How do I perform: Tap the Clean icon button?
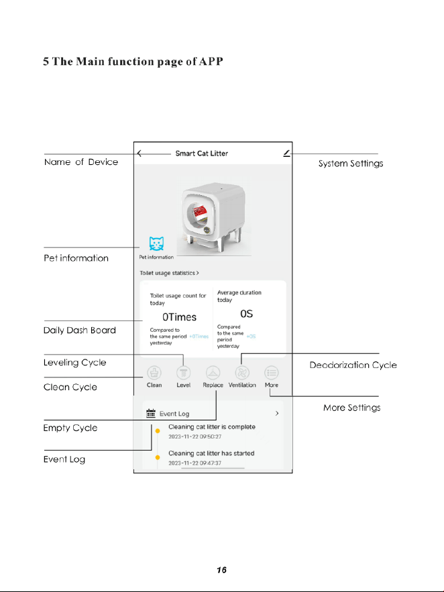154,373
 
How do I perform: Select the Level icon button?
184,373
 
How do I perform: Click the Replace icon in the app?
213,373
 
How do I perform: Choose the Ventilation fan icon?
242,373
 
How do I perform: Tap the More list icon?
272,373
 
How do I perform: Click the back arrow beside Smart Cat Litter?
140,154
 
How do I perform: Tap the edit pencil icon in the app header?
287,154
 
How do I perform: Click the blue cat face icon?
156,243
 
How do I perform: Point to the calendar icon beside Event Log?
151,413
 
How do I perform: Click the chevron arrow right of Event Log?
277,414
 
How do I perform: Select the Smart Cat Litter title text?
202,154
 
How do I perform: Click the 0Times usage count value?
179,317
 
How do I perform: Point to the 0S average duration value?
247,314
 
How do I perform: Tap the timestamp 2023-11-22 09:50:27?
195,436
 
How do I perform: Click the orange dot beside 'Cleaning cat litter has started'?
158,457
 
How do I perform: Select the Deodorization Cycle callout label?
353,365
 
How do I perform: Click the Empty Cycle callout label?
70,428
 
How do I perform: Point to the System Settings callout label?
351,164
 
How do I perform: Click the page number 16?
221,570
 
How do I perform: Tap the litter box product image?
215,218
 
